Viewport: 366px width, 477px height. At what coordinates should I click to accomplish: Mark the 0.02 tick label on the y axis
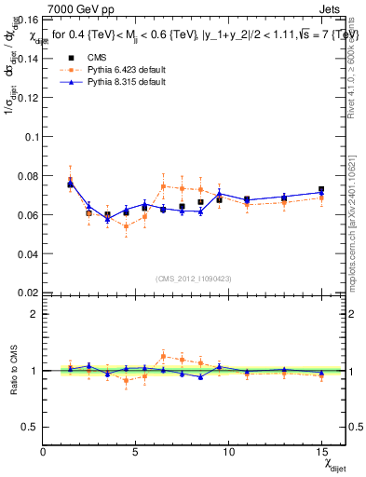pyautogui.click(x=25, y=293)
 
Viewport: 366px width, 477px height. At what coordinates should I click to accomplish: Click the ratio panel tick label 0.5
pyautogui.click(x=29, y=427)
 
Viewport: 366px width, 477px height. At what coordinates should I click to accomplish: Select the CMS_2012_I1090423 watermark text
pyautogui.click(x=194, y=279)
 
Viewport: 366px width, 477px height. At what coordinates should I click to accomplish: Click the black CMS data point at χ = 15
pyautogui.click(x=321, y=190)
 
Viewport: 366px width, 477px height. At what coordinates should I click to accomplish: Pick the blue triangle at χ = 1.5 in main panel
pyautogui.click(x=71, y=184)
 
